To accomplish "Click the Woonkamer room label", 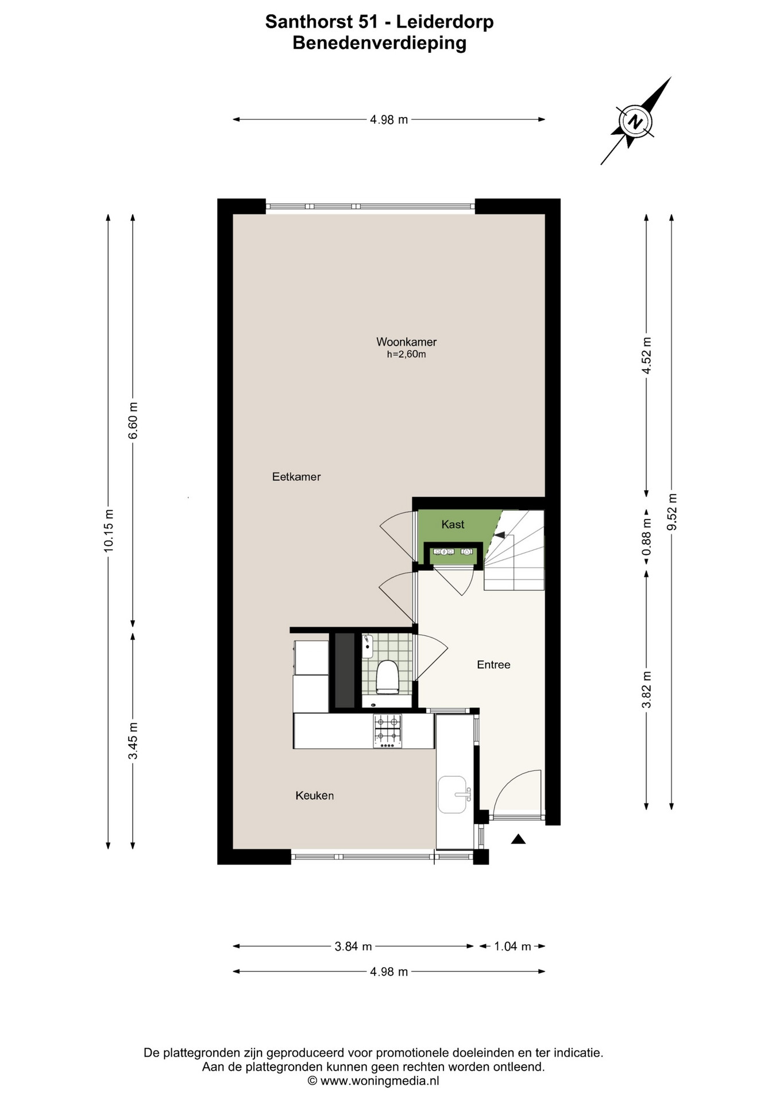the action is click(x=406, y=342).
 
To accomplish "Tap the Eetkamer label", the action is click(x=296, y=477).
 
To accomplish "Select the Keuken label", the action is click(x=315, y=796).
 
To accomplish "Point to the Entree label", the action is click(x=493, y=665).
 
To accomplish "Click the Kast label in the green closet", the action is click(x=453, y=525).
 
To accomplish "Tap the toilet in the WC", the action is click(x=387, y=677).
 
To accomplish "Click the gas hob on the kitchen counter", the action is click(x=388, y=731).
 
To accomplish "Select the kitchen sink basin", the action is click(x=454, y=794).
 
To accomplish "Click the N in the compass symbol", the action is click(x=635, y=122).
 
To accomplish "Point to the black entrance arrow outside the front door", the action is click(x=518, y=839).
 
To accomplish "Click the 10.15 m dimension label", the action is click(x=109, y=531).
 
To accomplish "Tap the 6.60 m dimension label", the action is click(x=133, y=421).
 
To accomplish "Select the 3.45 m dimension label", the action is click(x=133, y=741).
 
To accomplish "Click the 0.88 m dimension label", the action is click(x=647, y=537).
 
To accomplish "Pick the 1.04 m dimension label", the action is click(x=512, y=946).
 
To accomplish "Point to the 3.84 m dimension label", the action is click(x=353, y=946).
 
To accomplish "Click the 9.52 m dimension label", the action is click(x=672, y=512).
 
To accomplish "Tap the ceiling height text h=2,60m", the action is click(x=406, y=355).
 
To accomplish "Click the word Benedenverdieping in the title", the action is click(x=379, y=43).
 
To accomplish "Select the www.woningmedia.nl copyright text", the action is click(x=374, y=1081).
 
